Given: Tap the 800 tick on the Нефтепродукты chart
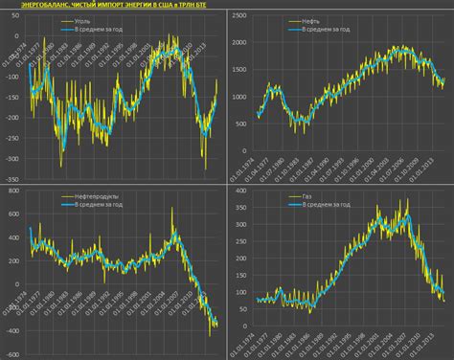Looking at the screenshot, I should [14, 191].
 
